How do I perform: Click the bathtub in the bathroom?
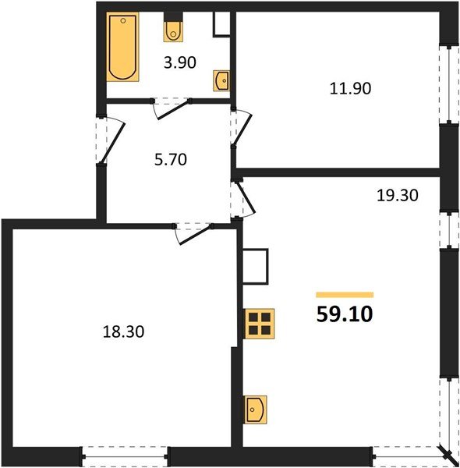pyautogui.click(x=123, y=47)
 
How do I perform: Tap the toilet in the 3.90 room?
pyautogui.click(x=173, y=30)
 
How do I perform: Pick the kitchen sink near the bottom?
pyautogui.click(x=257, y=408)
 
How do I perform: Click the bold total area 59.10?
pyautogui.click(x=345, y=314)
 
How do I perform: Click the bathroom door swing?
pyautogui.click(x=173, y=108)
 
